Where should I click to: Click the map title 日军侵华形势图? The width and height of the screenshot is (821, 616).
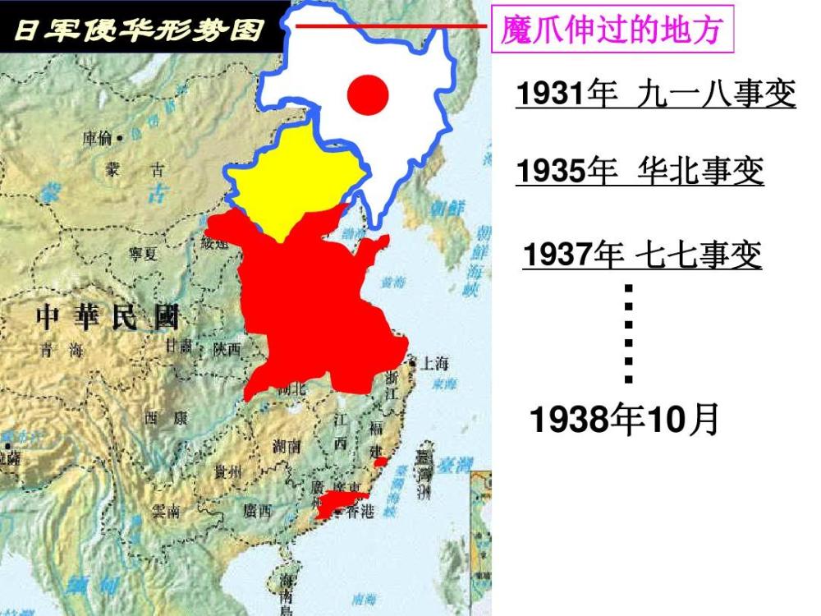coord(140,30)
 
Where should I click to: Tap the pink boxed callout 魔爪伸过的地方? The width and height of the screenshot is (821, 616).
coord(611,31)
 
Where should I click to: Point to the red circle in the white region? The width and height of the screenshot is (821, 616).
coord(367,94)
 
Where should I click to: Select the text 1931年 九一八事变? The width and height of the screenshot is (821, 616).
coord(656,94)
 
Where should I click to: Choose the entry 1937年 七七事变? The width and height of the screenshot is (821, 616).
coord(643,255)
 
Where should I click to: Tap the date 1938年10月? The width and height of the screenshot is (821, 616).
coord(625,420)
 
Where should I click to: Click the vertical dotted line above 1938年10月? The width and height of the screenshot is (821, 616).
coord(629,333)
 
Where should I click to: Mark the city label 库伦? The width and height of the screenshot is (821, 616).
coord(99,138)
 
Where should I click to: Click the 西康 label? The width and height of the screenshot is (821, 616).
coord(166,418)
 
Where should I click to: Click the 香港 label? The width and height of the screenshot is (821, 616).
coord(360,512)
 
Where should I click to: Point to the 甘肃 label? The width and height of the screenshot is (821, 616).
coord(179,347)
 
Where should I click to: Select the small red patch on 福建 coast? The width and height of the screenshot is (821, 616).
coord(380,462)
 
